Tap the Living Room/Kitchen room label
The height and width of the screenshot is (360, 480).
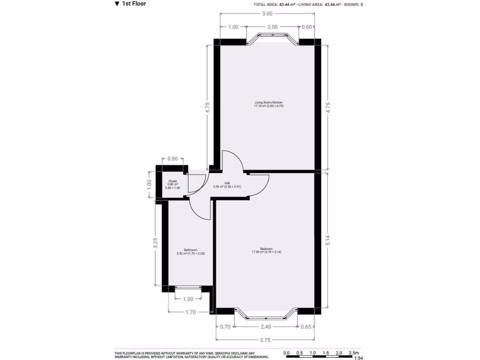(269, 104)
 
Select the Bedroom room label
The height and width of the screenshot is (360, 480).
(266, 250)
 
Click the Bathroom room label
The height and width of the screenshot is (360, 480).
(190, 251)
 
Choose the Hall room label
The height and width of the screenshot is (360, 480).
(227, 185)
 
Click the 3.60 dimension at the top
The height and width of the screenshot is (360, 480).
(267, 14)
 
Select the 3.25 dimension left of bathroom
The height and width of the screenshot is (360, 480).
(155, 244)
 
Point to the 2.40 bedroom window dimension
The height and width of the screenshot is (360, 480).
(266, 327)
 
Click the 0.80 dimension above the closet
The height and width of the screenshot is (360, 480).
(172, 158)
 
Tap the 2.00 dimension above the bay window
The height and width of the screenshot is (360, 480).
(272, 27)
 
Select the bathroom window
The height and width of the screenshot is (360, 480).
(188, 289)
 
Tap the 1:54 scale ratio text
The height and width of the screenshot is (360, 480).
(359, 358)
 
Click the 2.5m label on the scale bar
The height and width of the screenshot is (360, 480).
(354, 352)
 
